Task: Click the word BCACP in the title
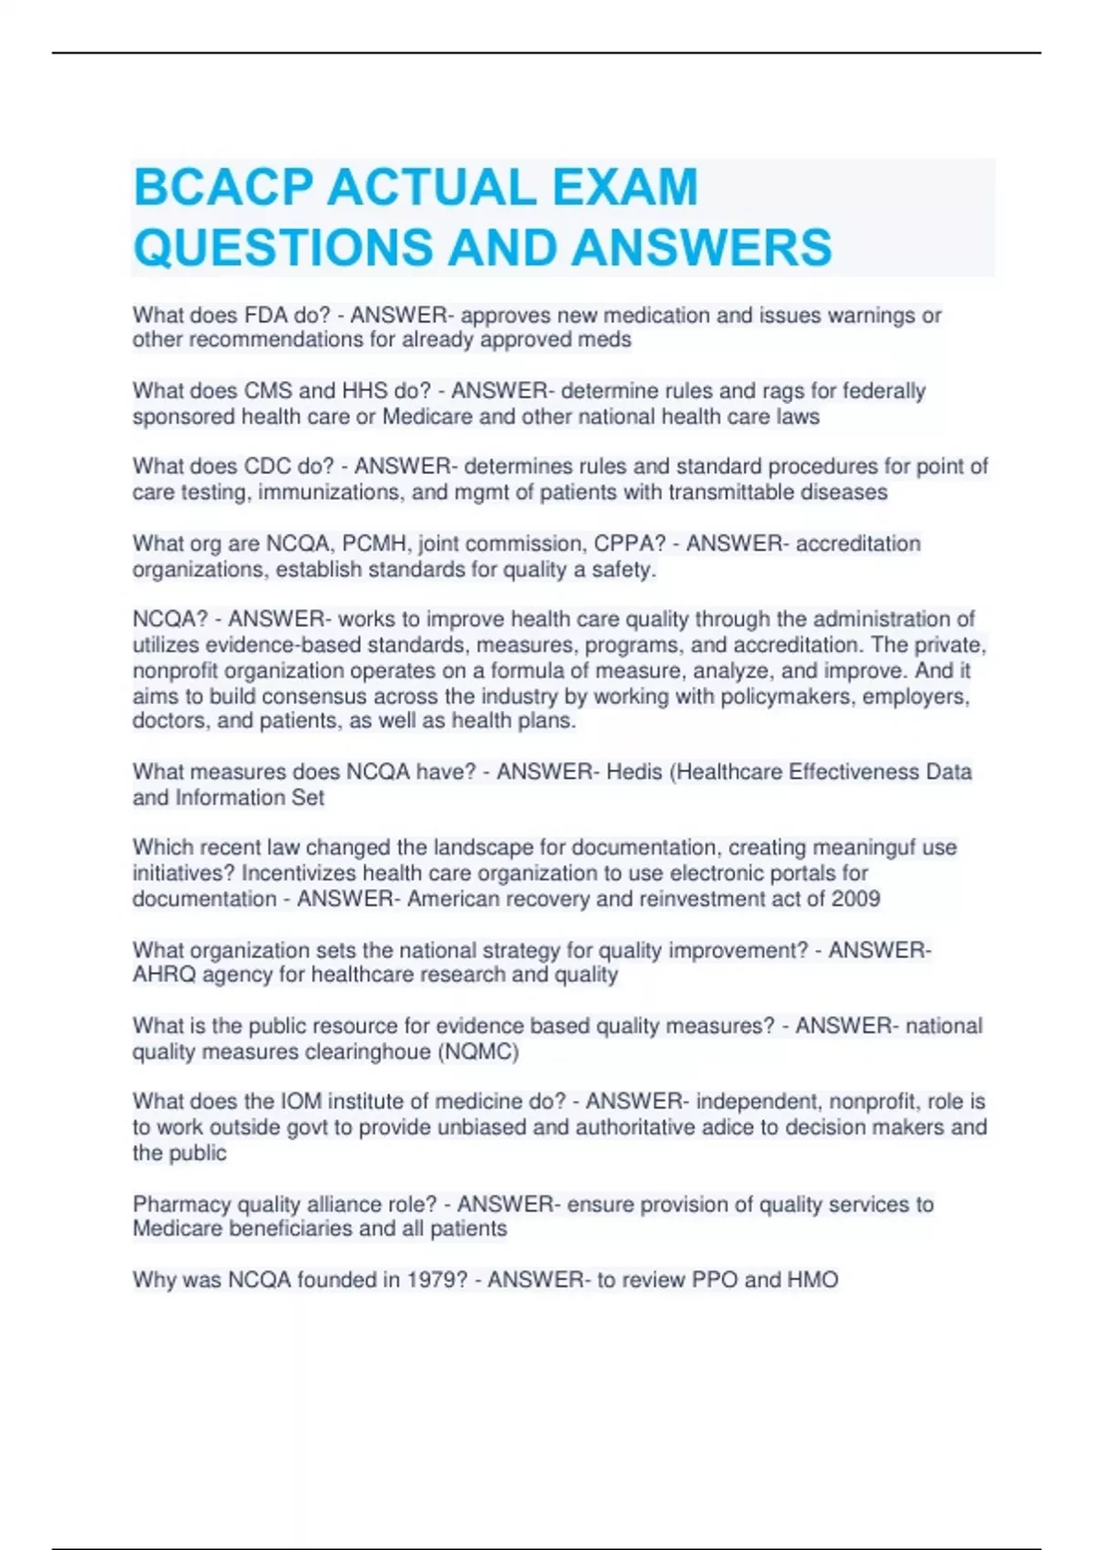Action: click(223, 188)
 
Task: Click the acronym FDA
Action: click(265, 315)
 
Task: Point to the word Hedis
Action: click(635, 772)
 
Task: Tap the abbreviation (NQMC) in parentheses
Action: click(478, 1052)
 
